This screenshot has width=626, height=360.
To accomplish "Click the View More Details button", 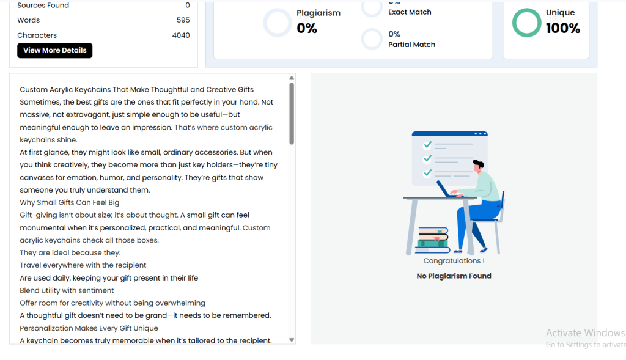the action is [x=54, y=50].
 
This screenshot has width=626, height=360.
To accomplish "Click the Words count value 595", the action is [x=183, y=20].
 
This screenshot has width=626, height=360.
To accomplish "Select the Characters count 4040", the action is [x=181, y=35].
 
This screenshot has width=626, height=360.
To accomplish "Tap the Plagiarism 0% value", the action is [x=307, y=28].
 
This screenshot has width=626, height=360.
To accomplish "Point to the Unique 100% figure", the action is [x=563, y=28].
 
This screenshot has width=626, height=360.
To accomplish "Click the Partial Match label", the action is [x=411, y=45].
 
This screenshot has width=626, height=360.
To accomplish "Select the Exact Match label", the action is [x=410, y=12].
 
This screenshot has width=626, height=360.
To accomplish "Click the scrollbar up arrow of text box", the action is [x=292, y=78].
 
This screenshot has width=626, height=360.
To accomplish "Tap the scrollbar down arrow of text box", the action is [x=292, y=340].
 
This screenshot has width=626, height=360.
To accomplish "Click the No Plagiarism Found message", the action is [x=454, y=276].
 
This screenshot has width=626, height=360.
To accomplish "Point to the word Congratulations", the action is [x=452, y=260].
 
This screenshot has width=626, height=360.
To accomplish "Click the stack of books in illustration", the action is [x=432, y=240].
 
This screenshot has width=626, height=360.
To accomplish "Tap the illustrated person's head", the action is [x=478, y=166].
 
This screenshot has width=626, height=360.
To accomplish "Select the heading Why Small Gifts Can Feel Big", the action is [x=70, y=202].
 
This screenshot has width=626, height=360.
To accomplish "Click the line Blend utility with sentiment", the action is [x=67, y=290].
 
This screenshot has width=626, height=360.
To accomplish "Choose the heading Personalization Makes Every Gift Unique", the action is [x=89, y=328].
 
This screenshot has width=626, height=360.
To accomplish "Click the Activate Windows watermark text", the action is [x=585, y=333].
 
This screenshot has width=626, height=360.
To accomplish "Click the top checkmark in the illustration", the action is [x=427, y=144].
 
